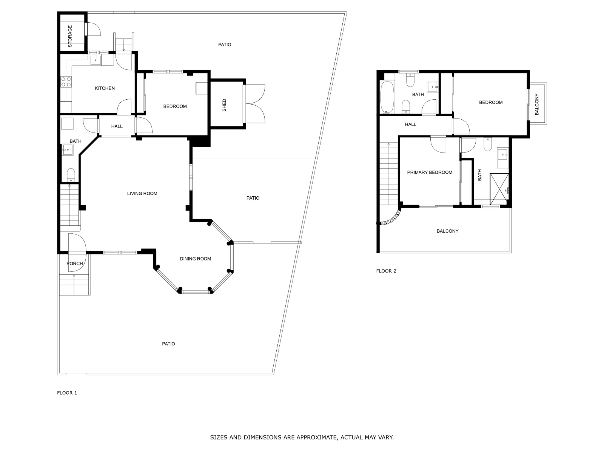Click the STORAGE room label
pos(70,36)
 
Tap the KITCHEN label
pos(105,88)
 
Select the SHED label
pos(224,105)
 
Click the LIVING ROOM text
pos(142,194)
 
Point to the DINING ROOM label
pos(195,259)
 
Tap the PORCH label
pos(74,263)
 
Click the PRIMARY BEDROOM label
pos(430,173)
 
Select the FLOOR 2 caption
pos(386,271)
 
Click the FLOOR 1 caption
pos(67,393)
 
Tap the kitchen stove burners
pos(66,82)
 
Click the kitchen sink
pos(96,59)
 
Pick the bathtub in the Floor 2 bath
pos(387,97)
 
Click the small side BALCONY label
pos(537,104)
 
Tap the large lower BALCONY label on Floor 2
pos(447,231)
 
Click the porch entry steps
pos(74,285)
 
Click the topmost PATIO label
pos(225,45)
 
